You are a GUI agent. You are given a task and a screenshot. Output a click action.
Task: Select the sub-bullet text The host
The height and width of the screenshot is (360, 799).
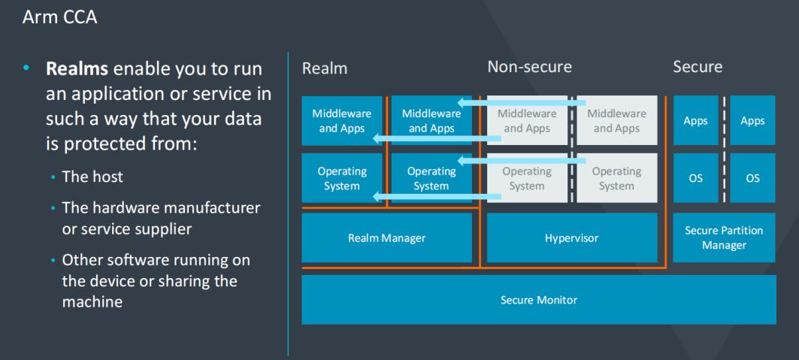[x=92, y=177]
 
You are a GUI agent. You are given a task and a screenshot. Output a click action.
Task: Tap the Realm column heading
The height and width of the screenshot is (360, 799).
[x=325, y=68]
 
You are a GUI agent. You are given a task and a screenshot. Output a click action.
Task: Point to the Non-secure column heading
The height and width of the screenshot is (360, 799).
[x=529, y=67]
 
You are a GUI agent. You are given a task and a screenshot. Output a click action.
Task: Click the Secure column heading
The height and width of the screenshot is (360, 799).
[x=698, y=67]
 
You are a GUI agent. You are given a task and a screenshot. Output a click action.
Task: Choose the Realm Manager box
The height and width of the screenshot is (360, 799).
[x=386, y=238]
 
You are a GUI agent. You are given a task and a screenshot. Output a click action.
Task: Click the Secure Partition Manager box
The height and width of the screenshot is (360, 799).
[x=724, y=237]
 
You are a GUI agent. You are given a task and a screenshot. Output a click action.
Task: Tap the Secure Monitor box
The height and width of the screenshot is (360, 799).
[x=538, y=300]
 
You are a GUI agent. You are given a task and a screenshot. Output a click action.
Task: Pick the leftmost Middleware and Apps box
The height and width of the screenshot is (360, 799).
[x=342, y=120]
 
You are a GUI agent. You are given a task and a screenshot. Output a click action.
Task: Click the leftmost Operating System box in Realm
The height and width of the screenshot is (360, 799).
[x=342, y=178]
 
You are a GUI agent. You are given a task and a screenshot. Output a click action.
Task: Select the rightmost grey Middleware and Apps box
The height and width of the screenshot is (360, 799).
[x=616, y=120]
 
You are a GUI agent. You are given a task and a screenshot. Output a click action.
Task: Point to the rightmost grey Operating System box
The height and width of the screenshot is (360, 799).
[x=616, y=178]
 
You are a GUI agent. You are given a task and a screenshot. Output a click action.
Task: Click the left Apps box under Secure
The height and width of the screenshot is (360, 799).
[x=695, y=120]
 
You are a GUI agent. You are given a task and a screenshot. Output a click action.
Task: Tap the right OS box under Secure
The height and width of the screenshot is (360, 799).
[x=752, y=178]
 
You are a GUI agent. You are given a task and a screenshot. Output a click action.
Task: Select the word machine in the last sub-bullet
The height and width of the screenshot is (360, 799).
[x=92, y=301]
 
